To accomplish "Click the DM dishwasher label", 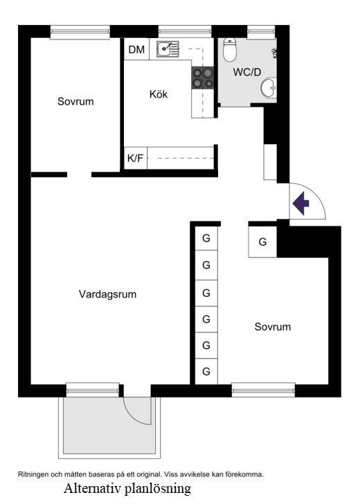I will click(x=136, y=49).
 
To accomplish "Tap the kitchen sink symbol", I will click(x=166, y=49).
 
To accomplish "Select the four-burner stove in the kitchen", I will click(x=202, y=78).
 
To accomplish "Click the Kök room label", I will click(x=159, y=94).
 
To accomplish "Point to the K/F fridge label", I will click(x=135, y=158).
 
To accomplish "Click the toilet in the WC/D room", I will click(x=231, y=49).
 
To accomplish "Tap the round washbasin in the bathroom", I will click(x=269, y=87).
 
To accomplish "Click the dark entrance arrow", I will click(x=300, y=204).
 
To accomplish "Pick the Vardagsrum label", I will click(x=107, y=294).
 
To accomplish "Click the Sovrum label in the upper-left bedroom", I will click(x=75, y=102).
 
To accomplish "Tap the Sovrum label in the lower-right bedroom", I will click(x=272, y=327).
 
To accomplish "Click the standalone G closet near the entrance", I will click(x=262, y=242).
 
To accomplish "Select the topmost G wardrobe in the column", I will click(x=206, y=238).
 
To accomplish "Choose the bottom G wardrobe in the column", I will click(x=206, y=371).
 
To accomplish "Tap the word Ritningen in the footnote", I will click(x=34, y=474).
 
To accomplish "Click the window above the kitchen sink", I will click(x=184, y=31).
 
